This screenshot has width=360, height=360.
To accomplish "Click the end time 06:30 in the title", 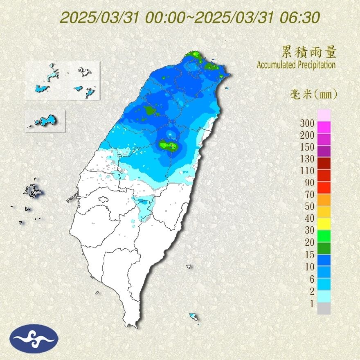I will click(x=300, y=18).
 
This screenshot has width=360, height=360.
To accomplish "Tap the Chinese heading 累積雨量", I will click(x=309, y=52).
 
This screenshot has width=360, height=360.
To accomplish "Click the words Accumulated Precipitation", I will click(x=296, y=65).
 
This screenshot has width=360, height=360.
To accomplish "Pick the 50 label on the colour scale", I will click(x=308, y=206).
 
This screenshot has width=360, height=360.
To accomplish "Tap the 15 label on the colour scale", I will click(x=308, y=254).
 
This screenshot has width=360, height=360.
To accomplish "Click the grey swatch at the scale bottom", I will click(x=324, y=308).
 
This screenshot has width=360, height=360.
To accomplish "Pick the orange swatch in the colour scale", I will click(x=324, y=200).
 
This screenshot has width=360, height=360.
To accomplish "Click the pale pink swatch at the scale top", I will click(x=324, y=115).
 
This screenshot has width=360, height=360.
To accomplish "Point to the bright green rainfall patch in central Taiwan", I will click(x=169, y=145).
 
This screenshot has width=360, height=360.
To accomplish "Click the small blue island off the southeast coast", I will click(x=193, y=316).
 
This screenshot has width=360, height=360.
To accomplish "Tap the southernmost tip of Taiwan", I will click(x=132, y=326).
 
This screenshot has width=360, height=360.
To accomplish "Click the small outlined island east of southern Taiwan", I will click(x=189, y=266).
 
